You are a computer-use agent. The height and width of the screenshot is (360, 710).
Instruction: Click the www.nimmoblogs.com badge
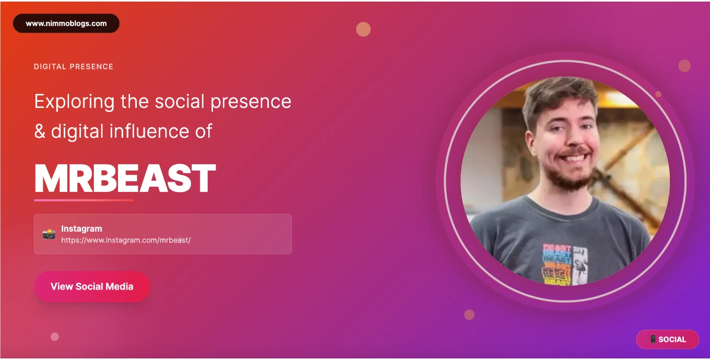[66, 23]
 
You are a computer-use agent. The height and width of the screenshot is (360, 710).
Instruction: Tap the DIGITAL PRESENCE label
[74, 67]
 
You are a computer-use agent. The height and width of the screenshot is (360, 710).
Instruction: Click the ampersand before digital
[40, 131]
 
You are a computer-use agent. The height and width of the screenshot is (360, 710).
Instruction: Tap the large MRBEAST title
[125, 178]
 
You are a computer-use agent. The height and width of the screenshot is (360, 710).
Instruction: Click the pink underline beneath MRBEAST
[84, 200]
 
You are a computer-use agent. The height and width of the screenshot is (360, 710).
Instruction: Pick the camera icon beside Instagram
[49, 234]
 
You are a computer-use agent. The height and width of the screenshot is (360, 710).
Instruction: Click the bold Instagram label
[81, 229]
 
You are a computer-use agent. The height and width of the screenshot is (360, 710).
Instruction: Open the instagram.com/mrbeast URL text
[126, 240]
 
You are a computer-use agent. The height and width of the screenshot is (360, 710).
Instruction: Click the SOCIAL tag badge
[667, 340]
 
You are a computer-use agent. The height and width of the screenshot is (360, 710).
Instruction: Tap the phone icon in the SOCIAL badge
[653, 340]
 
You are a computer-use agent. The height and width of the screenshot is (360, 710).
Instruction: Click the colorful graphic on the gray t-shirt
[565, 265]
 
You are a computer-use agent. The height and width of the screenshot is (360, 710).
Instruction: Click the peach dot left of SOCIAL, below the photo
[469, 315]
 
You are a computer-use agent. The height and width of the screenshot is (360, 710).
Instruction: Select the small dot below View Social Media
[55, 337]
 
